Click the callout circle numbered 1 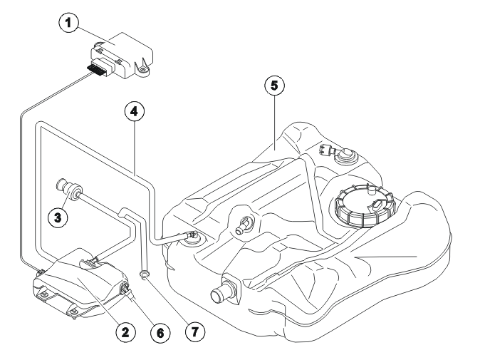68,23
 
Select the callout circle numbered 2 125,331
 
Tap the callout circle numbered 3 58,218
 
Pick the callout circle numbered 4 135,111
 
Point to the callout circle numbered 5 275,86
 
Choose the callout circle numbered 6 160,333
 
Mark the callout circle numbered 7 195,331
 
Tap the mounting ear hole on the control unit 142,71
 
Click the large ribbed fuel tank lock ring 365,205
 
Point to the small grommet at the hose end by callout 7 144,274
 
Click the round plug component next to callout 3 69,190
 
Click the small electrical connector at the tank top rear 325,150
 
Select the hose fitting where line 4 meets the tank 192,235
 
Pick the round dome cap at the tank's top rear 346,156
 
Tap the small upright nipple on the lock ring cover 371,191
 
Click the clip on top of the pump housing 89,263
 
